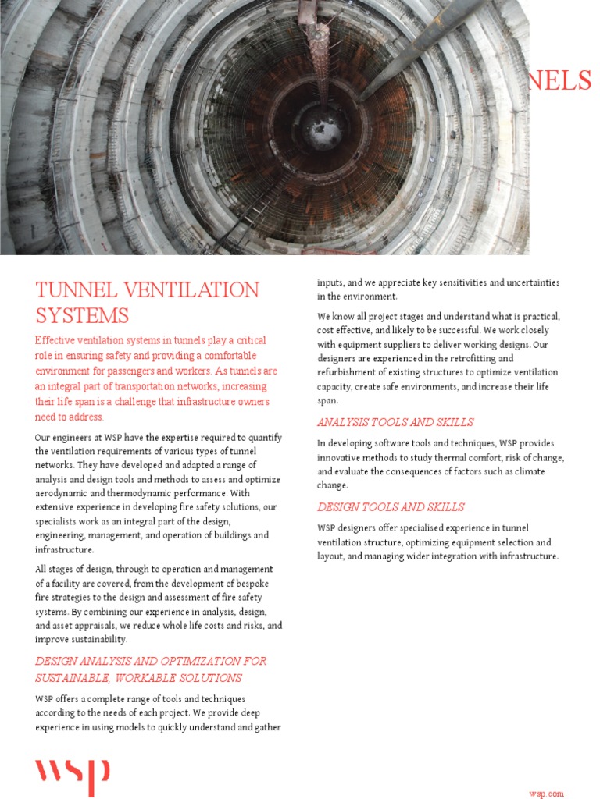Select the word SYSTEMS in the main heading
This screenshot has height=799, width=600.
[82, 316]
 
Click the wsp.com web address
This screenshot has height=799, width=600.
[546, 794]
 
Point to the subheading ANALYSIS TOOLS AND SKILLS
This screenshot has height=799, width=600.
[395, 422]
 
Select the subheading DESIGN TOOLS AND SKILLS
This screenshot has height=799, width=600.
[391, 506]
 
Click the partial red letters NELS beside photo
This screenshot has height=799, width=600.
[560, 80]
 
